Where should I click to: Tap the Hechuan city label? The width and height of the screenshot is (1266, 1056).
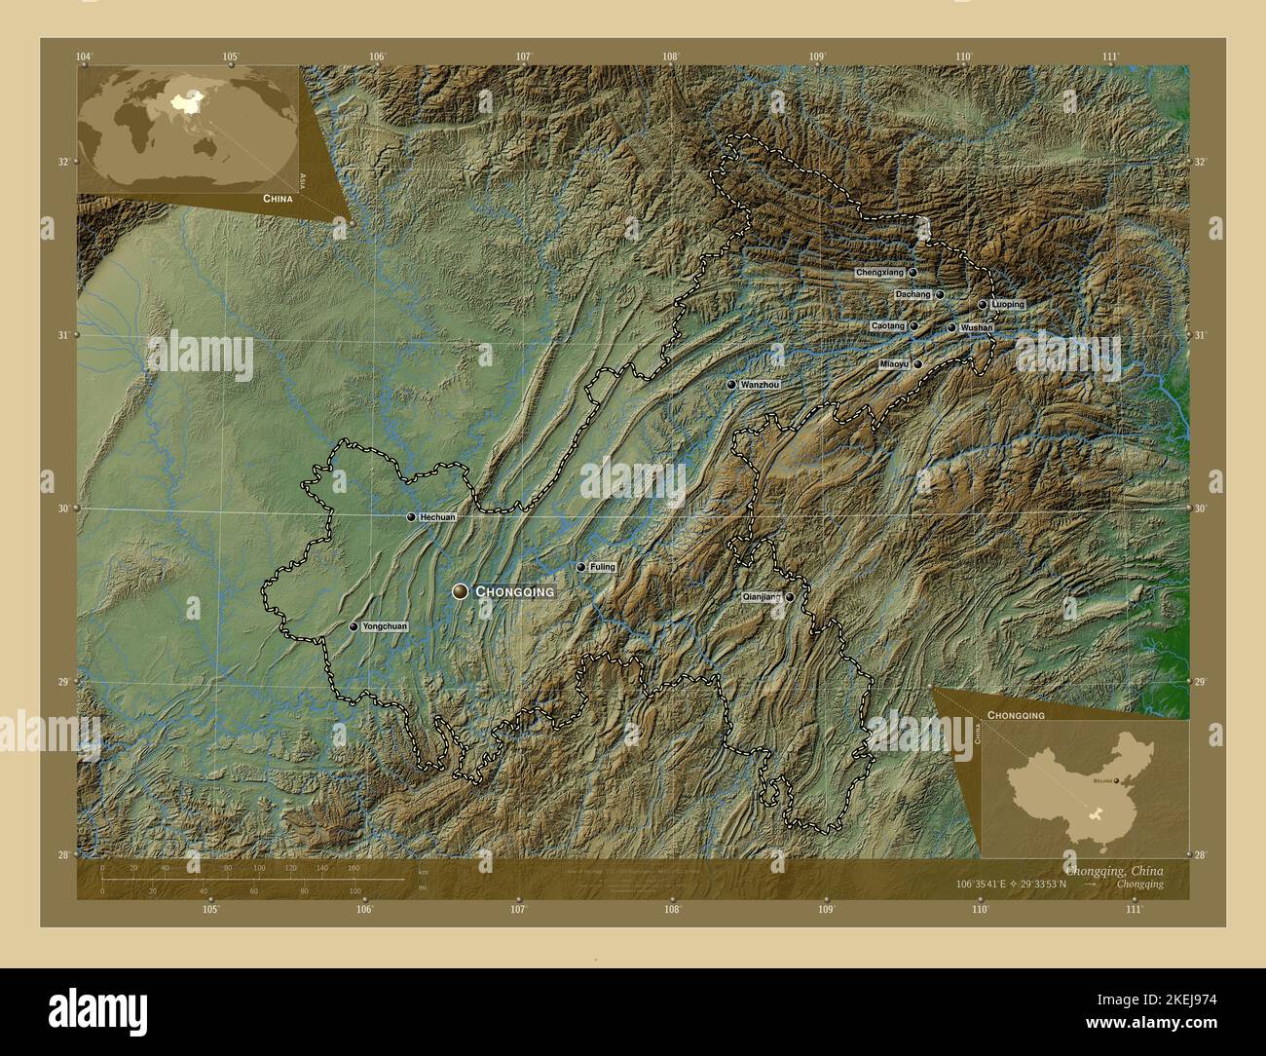click(436, 517)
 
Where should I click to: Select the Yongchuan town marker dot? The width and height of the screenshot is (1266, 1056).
click(354, 627)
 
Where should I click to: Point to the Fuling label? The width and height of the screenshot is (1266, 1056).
click(602, 567)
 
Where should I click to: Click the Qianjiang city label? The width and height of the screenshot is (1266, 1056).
click(762, 597)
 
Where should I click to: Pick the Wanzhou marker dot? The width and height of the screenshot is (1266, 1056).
click(730, 386)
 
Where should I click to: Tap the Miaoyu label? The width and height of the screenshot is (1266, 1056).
click(893, 364)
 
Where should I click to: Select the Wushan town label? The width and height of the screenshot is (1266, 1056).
click(976, 328)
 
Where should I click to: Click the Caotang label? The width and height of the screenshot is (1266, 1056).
click(888, 325)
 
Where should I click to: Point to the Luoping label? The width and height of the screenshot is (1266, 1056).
click(1007, 305)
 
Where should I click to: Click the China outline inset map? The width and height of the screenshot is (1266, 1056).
click(1082, 778)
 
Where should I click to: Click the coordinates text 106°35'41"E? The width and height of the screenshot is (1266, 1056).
click(976, 885)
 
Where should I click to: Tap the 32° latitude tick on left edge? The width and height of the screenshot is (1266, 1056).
click(62, 162)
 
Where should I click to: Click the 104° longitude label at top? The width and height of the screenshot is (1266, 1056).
click(85, 57)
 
